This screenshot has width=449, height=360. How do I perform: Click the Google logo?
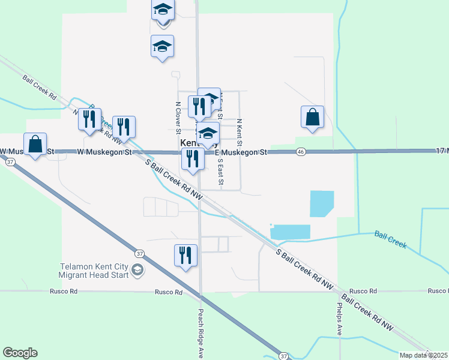click(20, 353)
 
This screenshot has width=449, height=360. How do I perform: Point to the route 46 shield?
click(301, 152)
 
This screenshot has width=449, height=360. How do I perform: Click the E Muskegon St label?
click(240, 153)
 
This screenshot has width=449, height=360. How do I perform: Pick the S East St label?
click(220, 171)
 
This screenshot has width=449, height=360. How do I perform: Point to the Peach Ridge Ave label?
click(200, 333)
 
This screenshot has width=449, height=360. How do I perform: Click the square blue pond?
click(322, 203)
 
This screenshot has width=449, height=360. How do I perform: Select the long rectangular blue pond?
click(291, 232)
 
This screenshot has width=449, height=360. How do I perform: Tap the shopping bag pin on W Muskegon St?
click(35, 145)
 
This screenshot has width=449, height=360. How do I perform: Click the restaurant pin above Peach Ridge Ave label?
click(185, 255)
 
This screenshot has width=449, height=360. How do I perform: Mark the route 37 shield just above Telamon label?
click(139, 253)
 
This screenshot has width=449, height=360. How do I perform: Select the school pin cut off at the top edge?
click(163, 11)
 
